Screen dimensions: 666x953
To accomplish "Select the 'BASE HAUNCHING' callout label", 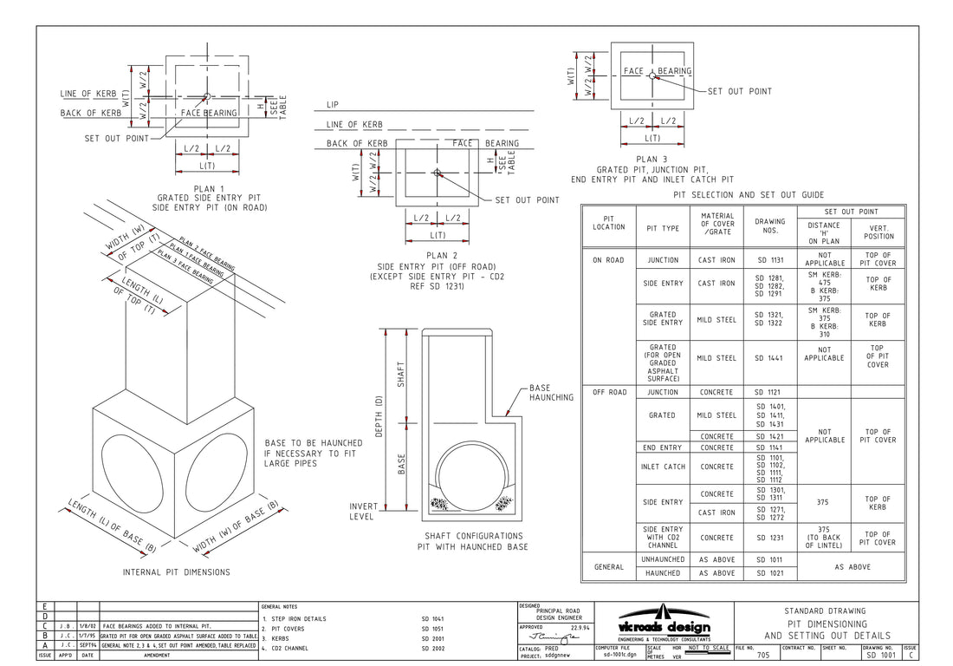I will pos(551,393).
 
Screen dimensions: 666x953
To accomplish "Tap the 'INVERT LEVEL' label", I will pos(363,512).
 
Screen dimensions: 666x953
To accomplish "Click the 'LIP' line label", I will pos(332,105).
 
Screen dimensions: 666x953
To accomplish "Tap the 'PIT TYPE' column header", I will pos(663,228).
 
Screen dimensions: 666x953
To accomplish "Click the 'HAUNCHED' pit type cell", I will pos(663,573).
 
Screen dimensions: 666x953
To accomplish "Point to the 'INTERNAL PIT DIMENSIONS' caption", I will pos(176,572).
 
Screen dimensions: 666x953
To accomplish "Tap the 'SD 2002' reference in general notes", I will pos(434,648).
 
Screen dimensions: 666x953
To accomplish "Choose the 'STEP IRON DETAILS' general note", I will pos(298,618).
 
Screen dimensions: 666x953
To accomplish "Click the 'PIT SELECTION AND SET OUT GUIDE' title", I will pos(749,195).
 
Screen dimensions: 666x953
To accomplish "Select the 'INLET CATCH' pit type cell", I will pos(663,467).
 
